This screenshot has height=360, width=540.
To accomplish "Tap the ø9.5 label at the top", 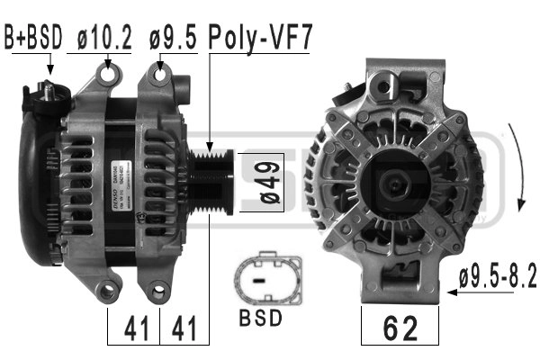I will click(173, 39).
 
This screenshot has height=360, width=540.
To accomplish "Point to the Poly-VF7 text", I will click(260, 39).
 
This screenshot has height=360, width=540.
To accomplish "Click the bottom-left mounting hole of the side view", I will click(108, 290).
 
